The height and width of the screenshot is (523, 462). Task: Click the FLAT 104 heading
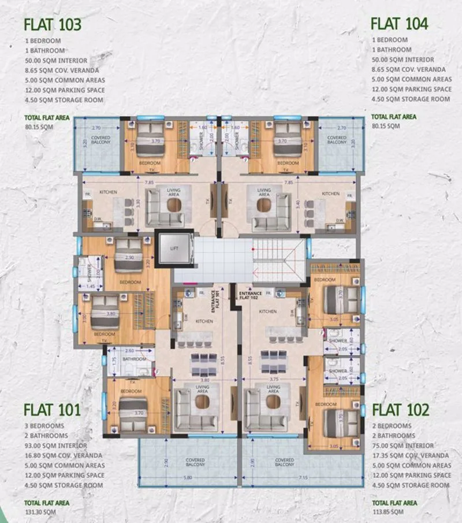pyautogui.click(x=399, y=23)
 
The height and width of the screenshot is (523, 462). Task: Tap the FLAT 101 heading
pyautogui.click(x=53, y=410)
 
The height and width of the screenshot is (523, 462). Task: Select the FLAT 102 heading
pyautogui.click(x=401, y=410)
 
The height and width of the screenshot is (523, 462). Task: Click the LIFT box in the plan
pyautogui.click(x=174, y=248)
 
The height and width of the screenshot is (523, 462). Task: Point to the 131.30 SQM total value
pyautogui.click(x=40, y=512)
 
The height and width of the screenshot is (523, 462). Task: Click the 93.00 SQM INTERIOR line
pyautogui.click(x=56, y=446)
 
